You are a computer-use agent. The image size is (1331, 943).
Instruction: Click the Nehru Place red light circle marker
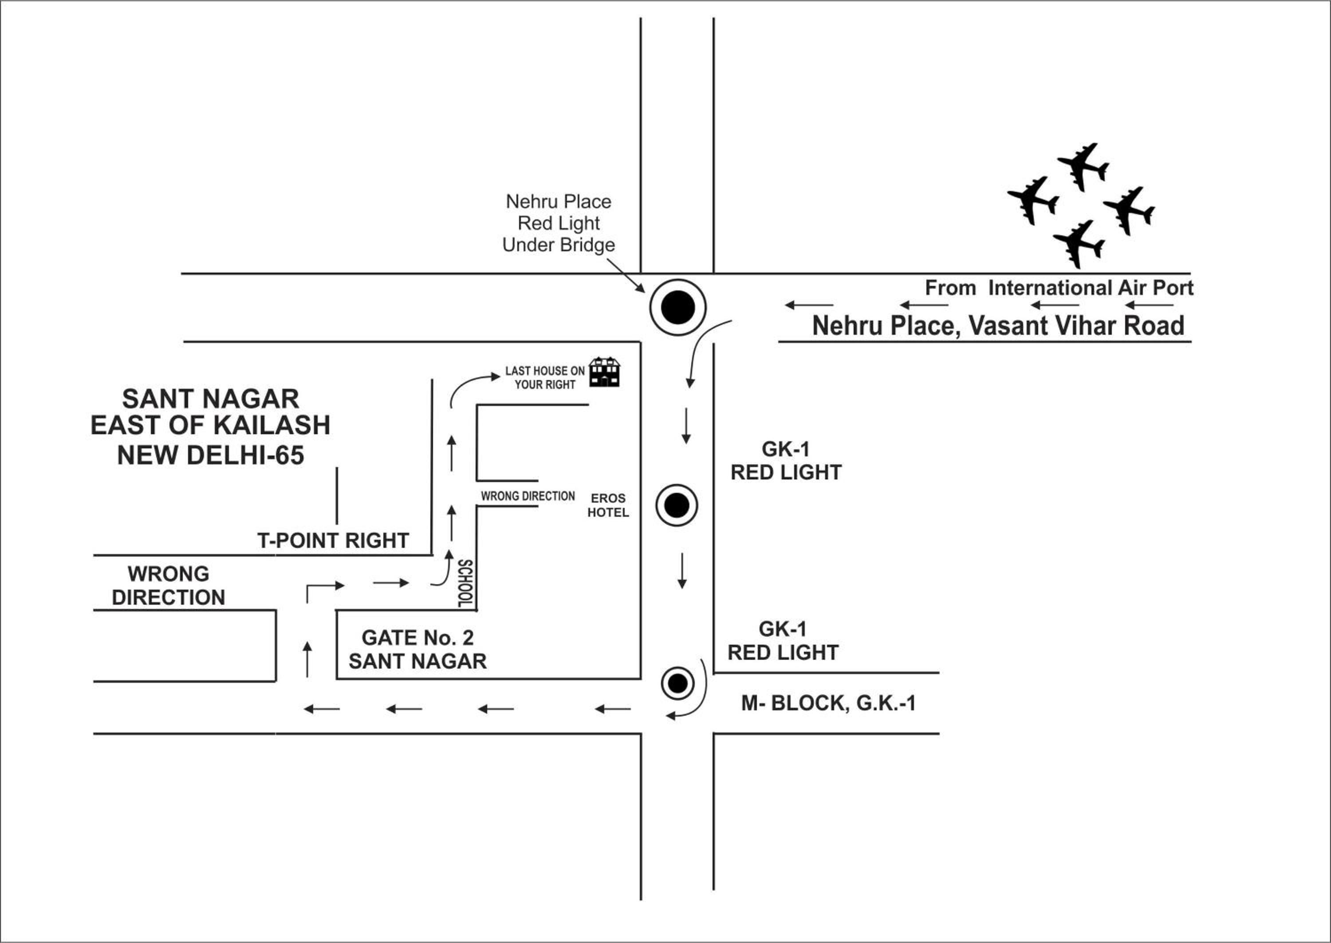click(677, 307)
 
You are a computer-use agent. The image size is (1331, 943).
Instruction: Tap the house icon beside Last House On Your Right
click(605, 372)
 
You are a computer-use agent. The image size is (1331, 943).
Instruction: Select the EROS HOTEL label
click(608, 505)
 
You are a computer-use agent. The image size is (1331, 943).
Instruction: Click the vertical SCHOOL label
click(465, 583)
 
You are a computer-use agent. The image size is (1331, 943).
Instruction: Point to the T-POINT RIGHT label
click(333, 541)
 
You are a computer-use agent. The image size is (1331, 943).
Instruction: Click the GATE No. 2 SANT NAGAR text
click(418, 649)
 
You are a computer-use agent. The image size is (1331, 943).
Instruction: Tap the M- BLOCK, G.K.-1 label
click(828, 703)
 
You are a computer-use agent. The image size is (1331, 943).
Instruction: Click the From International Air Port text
click(1059, 287)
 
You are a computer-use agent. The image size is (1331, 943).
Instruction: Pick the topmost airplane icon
click(1083, 166)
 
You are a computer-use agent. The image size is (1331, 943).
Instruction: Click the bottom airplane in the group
click(1079, 244)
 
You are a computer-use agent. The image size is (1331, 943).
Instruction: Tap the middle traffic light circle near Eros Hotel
click(677, 505)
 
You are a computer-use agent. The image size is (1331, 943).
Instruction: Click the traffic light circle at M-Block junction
click(677, 683)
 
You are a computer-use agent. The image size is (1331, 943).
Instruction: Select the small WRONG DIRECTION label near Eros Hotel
click(528, 496)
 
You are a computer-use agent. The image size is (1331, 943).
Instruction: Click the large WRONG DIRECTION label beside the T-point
click(168, 585)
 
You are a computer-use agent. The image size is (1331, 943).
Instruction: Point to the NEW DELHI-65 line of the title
click(211, 455)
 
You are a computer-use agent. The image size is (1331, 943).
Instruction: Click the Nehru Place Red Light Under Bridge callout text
click(559, 223)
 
